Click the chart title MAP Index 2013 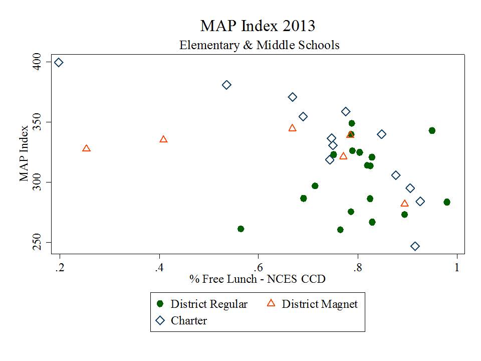tap(258, 26)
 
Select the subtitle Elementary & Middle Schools tap(260, 45)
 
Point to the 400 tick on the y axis tap(40, 62)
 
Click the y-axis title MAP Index tap(24, 152)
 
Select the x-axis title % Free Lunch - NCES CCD tap(257, 279)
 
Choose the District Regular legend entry tap(202, 304)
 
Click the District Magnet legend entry tap(313, 304)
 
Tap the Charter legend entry tap(182, 321)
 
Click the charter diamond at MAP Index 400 tap(59, 62)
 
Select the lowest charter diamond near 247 tap(415, 246)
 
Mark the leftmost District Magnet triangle tap(86, 148)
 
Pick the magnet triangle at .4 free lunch tap(163, 139)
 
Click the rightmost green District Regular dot tap(446, 202)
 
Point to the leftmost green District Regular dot tap(241, 229)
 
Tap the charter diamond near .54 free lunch tap(226, 85)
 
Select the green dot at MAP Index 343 tap(432, 130)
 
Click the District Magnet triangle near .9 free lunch tap(404, 203)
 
